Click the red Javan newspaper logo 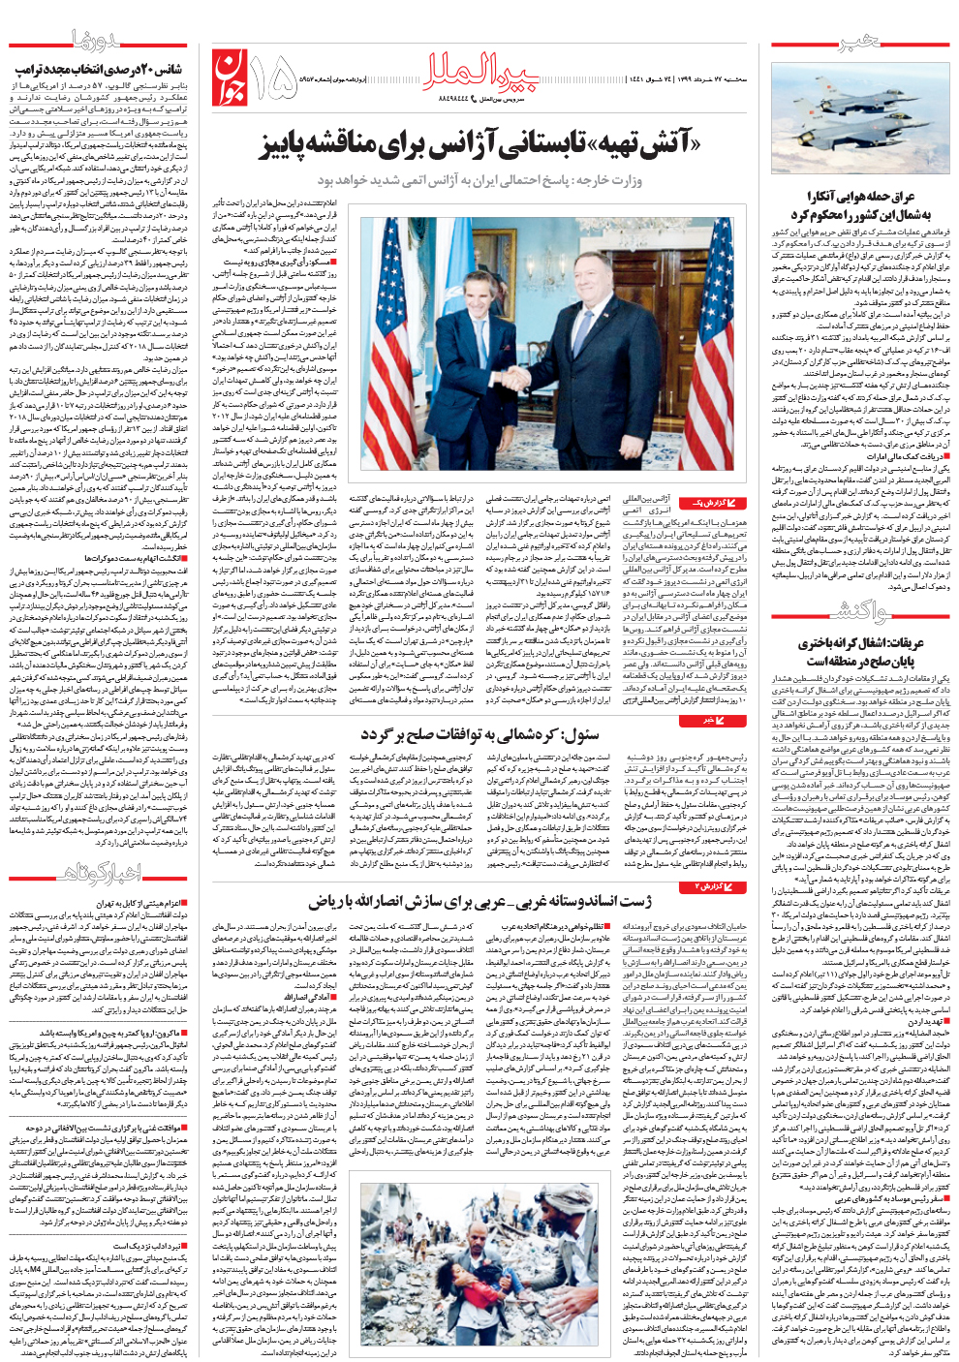[229, 77]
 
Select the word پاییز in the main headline [281, 146]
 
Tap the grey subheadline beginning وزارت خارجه [479, 180]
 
